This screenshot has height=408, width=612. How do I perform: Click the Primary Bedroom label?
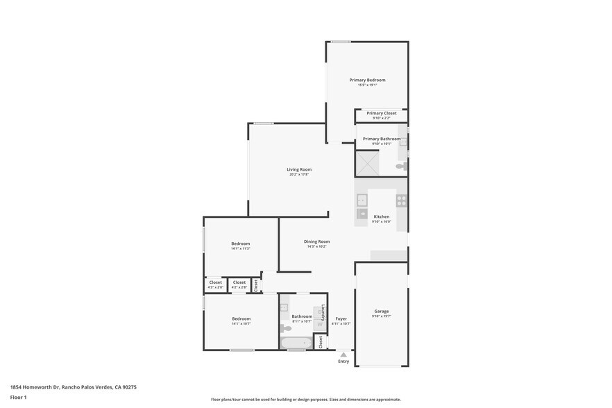pos(367,80)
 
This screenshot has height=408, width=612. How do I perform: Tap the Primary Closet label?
pos(381,113)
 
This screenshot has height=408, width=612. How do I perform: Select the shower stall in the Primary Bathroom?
pos(367,163)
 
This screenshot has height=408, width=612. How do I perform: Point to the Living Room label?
pos(299,169)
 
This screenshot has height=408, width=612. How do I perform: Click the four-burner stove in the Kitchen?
pos(401,201)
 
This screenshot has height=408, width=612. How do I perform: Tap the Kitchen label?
pos(382,216)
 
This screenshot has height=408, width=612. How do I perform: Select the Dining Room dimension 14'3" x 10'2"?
pos(316,246)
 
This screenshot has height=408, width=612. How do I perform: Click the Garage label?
pos(382,312)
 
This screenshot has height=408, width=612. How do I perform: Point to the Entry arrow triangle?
pos(343,355)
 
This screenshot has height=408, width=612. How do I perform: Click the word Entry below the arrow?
pos(343,362)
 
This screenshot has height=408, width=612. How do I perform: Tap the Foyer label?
pos(341,318)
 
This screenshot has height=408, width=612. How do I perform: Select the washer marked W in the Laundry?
pos(319,323)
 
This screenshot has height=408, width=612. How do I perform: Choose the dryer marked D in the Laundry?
pos(319,312)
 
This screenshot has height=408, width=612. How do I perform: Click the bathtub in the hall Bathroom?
pos(296,343)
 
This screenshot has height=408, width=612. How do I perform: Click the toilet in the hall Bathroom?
pos(285,328)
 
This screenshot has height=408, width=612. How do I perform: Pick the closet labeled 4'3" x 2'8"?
pos(215,284)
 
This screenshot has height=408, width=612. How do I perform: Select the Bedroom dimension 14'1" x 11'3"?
pos(240,248)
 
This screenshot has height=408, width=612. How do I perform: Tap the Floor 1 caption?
pos(18,398)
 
